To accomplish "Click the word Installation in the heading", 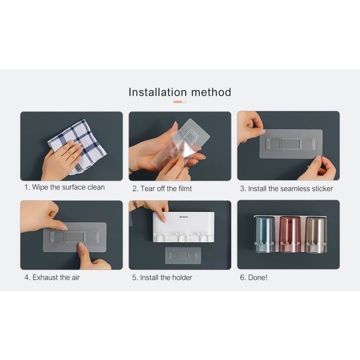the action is point(157,92).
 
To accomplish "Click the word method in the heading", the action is point(211,92).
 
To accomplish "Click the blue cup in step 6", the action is point(265,234).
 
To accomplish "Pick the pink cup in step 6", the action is point(290,234).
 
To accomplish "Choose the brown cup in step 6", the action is point(316,234).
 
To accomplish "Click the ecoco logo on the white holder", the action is point(184,217).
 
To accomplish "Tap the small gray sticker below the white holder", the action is point(183,255).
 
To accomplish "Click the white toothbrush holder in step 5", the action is point(184,227).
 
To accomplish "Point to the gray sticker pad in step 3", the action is point(291,144).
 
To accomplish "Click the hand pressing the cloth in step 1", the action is point(60,161).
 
